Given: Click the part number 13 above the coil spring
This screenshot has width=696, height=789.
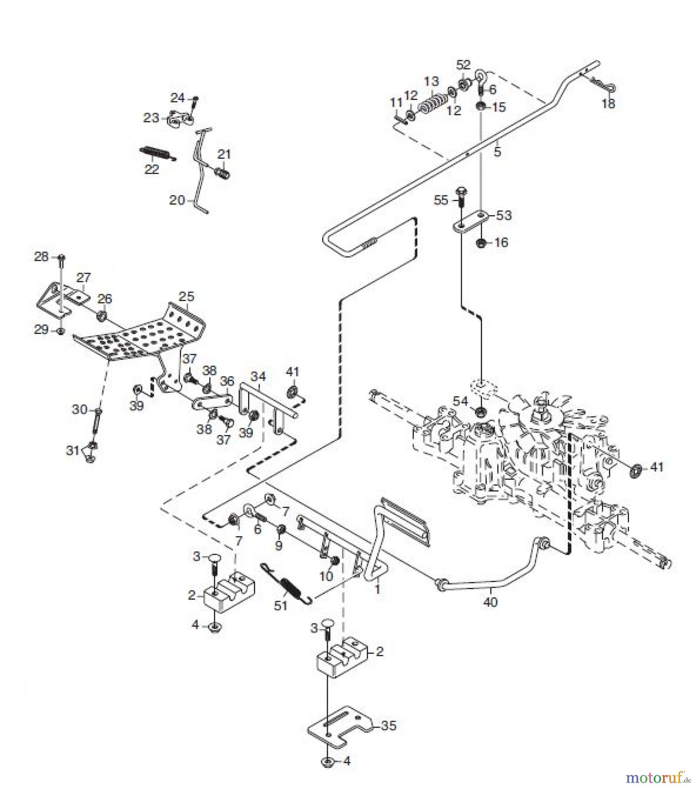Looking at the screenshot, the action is [x=431, y=82].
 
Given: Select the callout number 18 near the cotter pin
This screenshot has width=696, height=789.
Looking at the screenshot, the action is [x=609, y=104].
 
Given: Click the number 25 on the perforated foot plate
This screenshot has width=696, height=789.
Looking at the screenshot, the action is [x=186, y=297].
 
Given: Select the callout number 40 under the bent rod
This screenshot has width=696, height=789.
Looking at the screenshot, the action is [x=491, y=602].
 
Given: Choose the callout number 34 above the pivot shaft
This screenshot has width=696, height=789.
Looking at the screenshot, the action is [x=258, y=376].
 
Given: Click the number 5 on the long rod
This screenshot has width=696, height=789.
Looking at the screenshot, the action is [x=497, y=152].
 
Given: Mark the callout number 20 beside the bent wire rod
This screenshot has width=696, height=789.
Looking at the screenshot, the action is [x=177, y=200].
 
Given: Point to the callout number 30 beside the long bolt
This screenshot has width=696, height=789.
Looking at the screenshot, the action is [x=79, y=410].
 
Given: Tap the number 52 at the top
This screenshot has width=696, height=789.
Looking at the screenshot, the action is [x=463, y=64].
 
